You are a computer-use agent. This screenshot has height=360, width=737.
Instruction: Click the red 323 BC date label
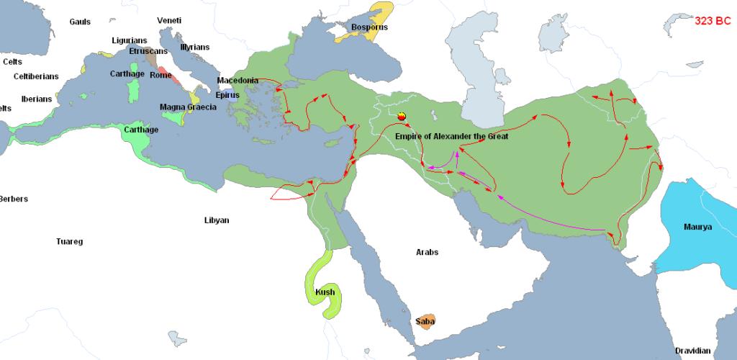[x=713, y=22]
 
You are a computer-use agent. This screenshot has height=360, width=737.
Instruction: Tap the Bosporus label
[x=369, y=27]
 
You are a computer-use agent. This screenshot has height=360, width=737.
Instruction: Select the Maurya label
[x=697, y=228]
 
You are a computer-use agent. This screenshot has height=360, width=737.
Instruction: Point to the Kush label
[x=325, y=292]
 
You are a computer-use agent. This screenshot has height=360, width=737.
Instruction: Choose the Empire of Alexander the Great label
[x=451, y=137]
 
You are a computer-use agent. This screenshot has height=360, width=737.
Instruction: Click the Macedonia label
[x=238, y=81]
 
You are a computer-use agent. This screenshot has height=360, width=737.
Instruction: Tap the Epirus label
[x=227, y=94]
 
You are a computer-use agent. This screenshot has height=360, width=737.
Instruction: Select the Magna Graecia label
[x=188, y=107]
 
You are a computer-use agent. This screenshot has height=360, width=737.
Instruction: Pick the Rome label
[x=160, y=75]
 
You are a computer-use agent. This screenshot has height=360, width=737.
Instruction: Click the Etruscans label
[x=148, y=52]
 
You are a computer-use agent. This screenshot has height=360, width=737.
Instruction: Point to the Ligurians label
[x=130, y=40]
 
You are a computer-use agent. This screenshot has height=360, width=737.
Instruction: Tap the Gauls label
[x=80, y=22]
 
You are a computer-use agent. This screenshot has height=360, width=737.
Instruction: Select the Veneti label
[x=170, y=20]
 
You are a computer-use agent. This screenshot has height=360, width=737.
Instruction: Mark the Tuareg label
[x=70, y=242]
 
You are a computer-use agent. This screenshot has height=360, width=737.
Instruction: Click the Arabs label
[x=427, y=253]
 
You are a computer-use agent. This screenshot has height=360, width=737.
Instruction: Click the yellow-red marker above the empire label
[x=402, y=116]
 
